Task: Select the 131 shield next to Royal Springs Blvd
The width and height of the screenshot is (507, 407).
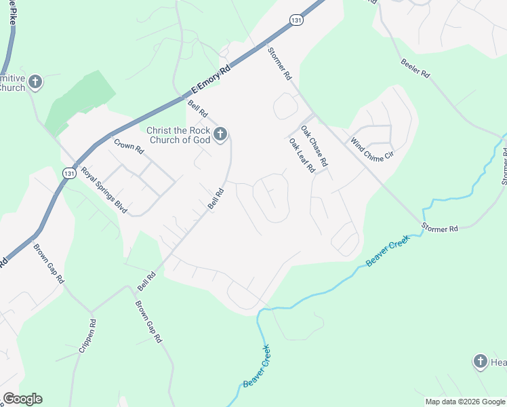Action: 68,174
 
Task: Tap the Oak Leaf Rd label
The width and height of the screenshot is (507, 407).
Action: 302,156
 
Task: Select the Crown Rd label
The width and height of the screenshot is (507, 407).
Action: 129,147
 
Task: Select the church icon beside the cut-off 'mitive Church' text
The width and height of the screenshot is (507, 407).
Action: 35,83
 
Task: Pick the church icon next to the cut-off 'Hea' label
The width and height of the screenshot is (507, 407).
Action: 480,362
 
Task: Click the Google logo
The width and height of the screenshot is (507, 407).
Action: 22,399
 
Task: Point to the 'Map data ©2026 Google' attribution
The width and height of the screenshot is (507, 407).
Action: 466,402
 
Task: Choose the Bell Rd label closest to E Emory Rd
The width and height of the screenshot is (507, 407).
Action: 198,109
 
